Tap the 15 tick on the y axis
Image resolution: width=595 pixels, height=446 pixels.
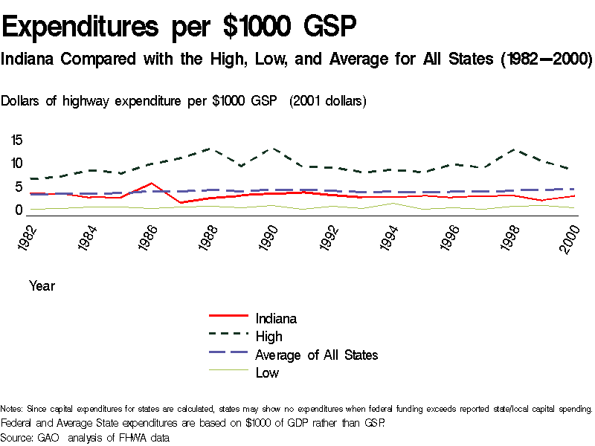(17, 140)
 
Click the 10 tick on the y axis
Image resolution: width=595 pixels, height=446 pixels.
(17, 164)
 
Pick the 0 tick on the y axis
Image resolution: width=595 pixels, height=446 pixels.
(20, 210)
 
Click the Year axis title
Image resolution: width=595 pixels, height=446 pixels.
(42, 285)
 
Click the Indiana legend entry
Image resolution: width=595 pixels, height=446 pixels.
(276, 318)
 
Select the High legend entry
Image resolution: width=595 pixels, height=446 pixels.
(268, 337)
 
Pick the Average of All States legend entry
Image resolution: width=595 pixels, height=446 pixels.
(316, 355)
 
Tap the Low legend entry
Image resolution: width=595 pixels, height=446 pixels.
(267, 372)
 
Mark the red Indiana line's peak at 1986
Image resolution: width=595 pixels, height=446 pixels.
(151, 183)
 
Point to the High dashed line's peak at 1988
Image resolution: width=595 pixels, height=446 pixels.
(212, 149)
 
